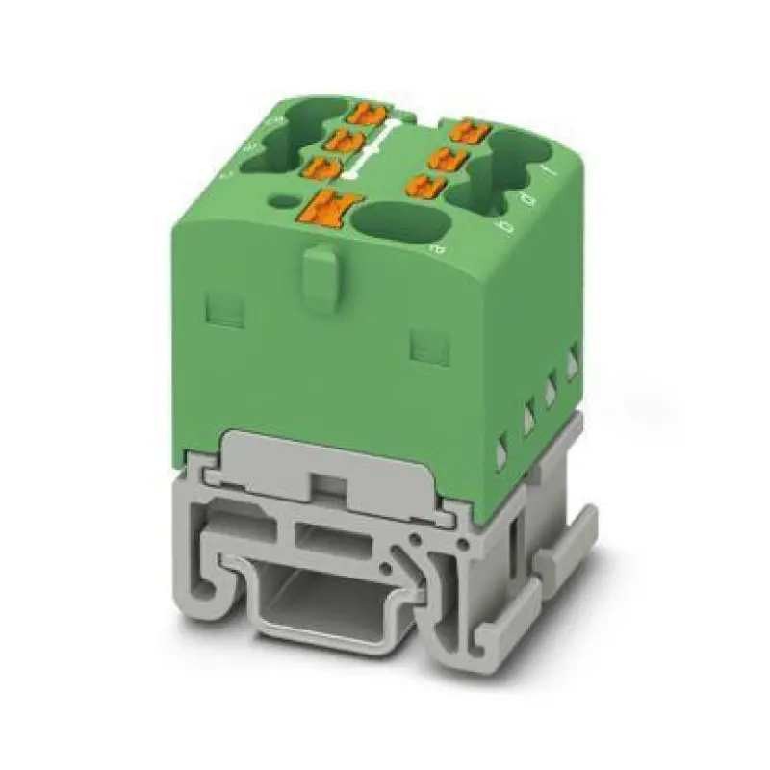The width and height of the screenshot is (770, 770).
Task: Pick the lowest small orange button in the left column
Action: (x=321, y=168)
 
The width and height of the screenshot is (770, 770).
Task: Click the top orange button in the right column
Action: (x=470, y=129)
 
